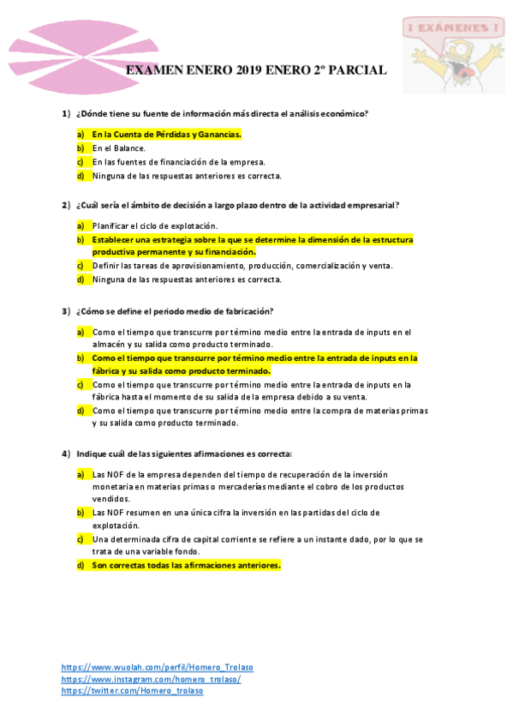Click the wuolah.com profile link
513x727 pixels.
[x=157, y=667]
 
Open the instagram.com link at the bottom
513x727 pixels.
[x=151, y=679]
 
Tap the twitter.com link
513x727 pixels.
[x=132, y=691]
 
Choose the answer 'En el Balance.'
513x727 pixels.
[x=119, y=148]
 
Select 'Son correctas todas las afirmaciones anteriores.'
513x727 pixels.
[x=187, y=566]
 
